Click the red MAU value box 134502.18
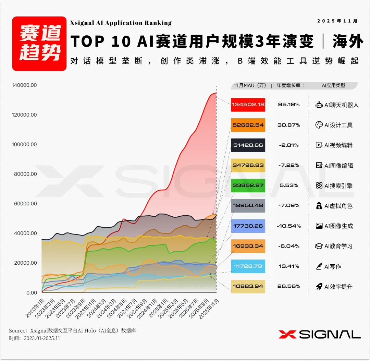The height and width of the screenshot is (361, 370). click(248, 105)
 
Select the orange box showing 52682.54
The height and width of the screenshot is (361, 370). click(248, 125)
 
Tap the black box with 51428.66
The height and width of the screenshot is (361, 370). click(248, 145)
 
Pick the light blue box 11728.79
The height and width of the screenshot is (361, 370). click(248, 266)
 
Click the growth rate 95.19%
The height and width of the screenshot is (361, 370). click(288, 105)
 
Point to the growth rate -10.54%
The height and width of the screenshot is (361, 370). click(288, 226)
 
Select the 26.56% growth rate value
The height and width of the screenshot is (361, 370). click(288, 286)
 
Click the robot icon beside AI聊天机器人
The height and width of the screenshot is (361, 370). click(319, 105)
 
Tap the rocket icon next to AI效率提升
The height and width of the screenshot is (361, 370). click(319, 287)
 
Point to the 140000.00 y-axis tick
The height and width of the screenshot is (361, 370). click(24, 85)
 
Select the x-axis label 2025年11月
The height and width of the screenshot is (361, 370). click(209, 309)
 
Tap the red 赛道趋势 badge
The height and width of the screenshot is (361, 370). click(39, 44)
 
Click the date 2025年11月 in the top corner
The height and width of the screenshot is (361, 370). click(337, 21)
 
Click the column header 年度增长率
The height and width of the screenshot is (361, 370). click(288, 85)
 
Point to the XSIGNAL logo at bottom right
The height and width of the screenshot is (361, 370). click(319, 334)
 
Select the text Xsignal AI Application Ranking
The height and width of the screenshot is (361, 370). click(121, 23)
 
